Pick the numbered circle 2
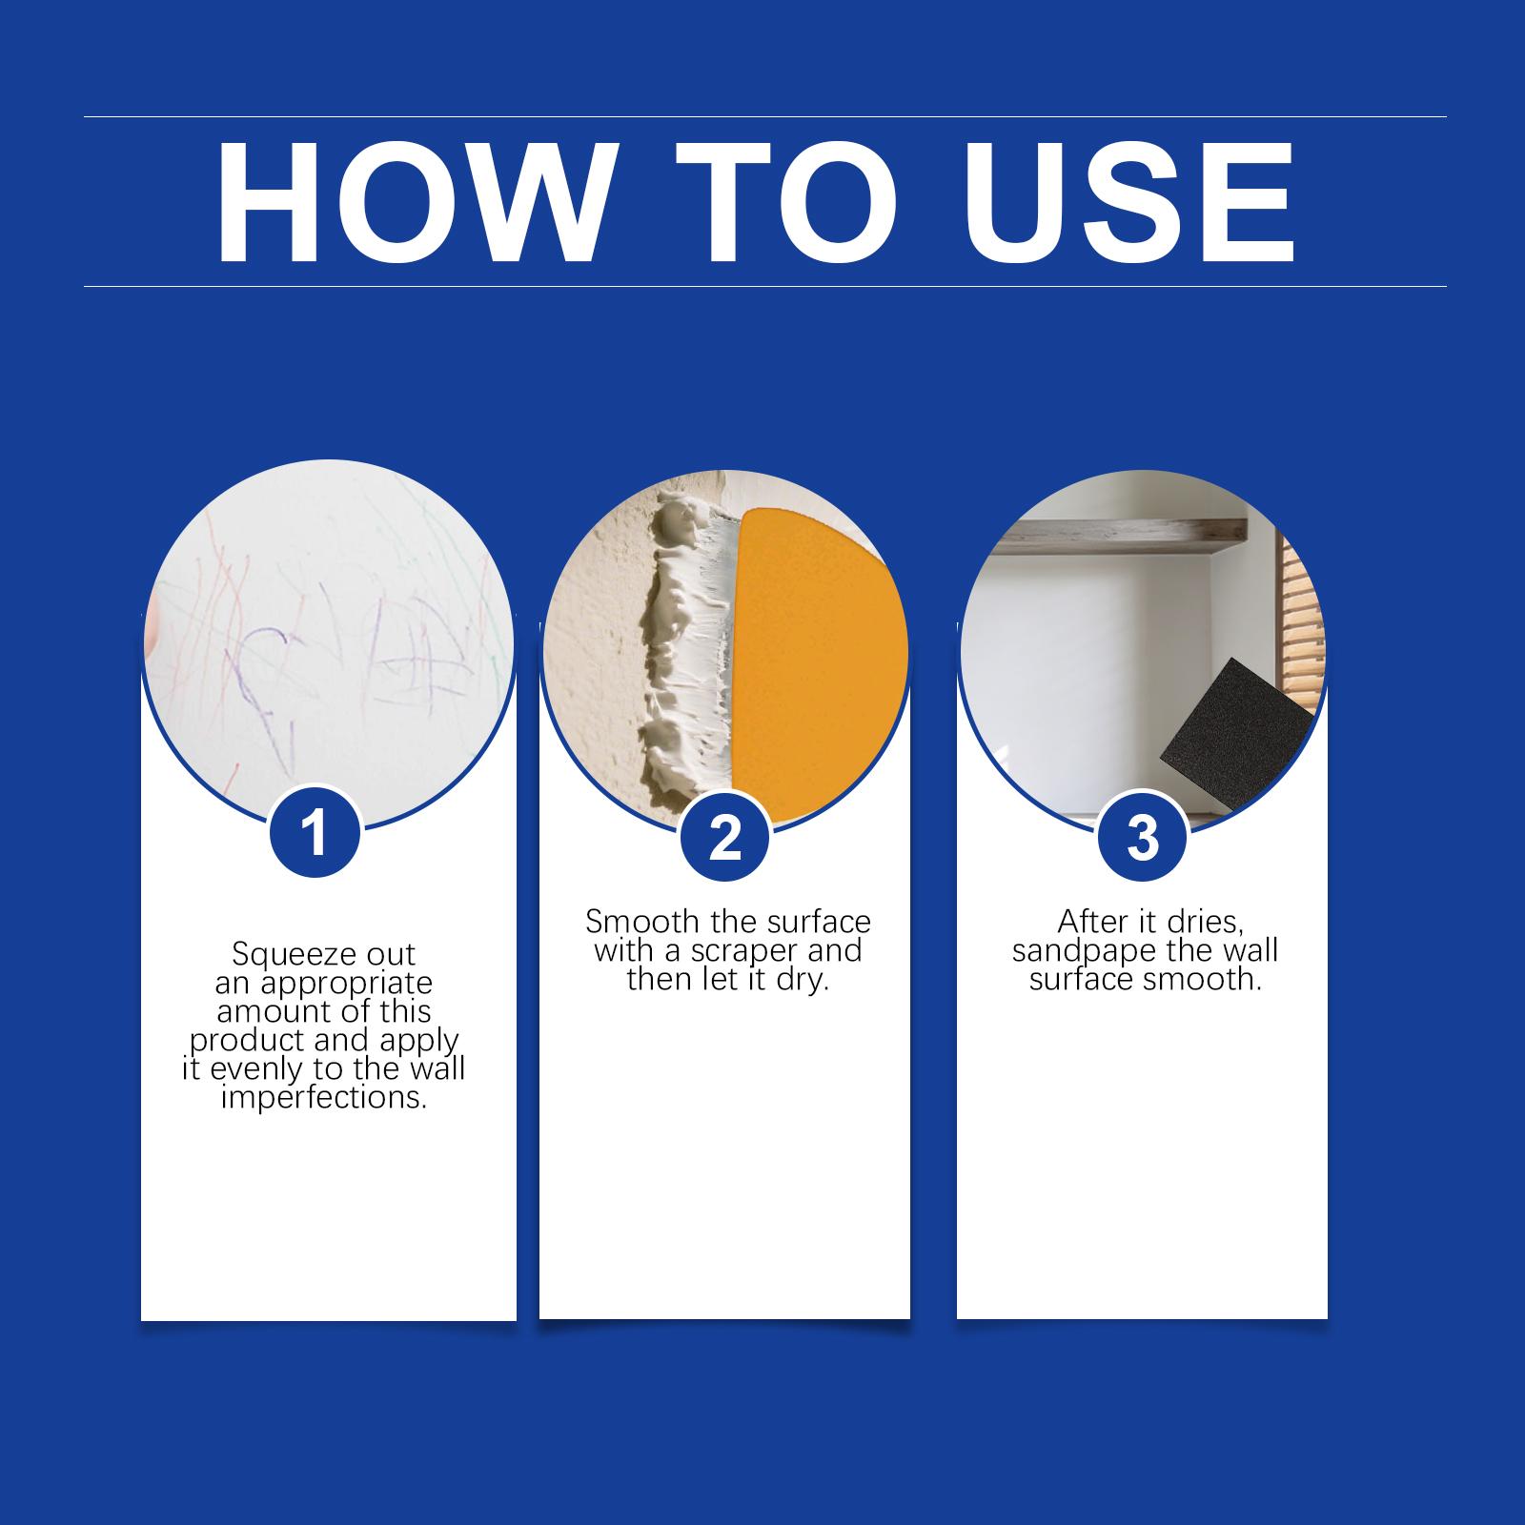pos(725,839)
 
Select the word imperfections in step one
pos(324,1098)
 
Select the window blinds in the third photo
pos(1301,620)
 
